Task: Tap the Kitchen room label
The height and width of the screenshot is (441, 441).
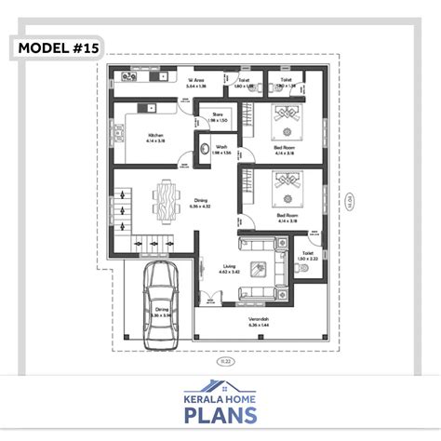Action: coord(155,138)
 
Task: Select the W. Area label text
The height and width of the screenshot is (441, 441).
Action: coord(196,83)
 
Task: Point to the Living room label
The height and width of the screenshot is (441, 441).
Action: coord(229,269)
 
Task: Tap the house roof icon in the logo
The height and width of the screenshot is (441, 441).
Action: coord(220,383)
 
